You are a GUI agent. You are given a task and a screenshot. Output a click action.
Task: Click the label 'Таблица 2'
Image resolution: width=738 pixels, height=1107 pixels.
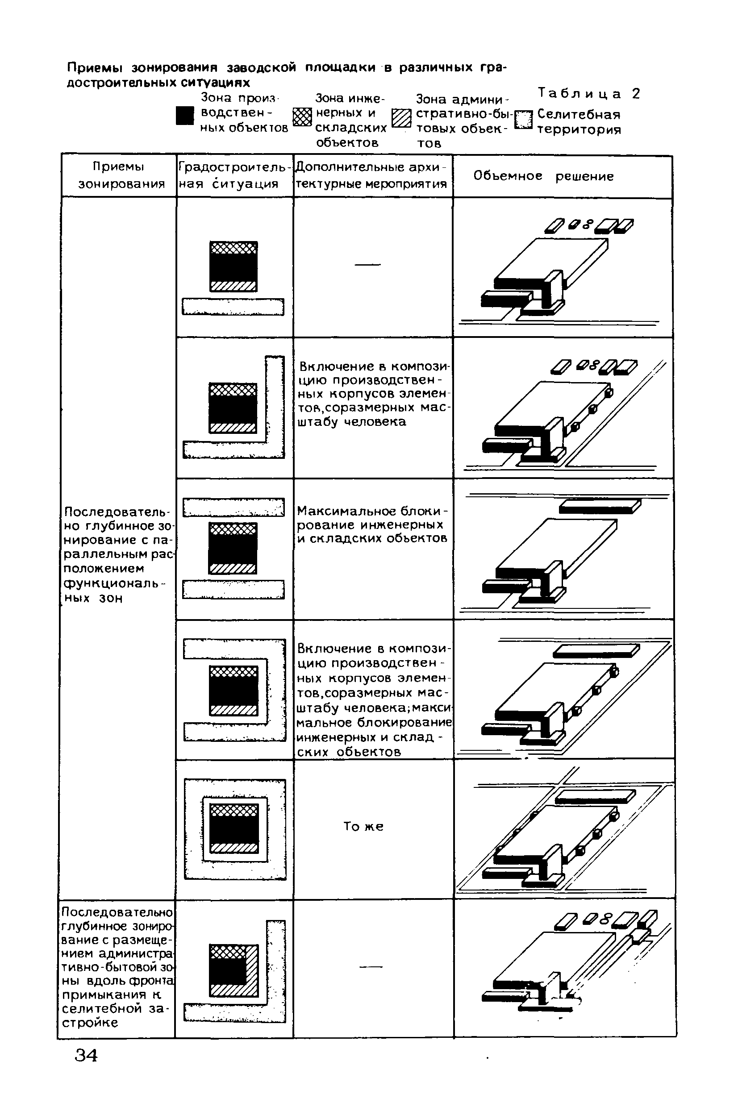coord(589,94)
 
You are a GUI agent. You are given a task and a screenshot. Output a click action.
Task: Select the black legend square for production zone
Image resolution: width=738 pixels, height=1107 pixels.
coord(184,116)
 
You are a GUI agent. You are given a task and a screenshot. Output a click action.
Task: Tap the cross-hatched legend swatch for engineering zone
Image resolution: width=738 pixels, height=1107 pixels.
coord(302,117)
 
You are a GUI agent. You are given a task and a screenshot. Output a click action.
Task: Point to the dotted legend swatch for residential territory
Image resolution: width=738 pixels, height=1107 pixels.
coord(523,121)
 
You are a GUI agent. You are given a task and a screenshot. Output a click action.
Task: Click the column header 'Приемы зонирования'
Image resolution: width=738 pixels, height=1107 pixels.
coord(120,175)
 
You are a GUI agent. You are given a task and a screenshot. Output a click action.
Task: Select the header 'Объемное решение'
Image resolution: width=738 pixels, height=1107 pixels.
coord(543,176)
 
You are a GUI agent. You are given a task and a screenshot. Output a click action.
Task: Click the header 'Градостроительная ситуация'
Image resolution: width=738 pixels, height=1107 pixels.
coord(234,175)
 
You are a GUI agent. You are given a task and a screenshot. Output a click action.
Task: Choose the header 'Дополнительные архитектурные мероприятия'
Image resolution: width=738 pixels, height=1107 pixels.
coord(372,175)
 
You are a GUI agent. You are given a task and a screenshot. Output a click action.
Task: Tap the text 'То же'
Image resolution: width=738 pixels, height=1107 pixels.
coord(363,827)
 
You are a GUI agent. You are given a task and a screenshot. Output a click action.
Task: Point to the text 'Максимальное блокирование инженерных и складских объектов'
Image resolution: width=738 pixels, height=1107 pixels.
coord(372,524)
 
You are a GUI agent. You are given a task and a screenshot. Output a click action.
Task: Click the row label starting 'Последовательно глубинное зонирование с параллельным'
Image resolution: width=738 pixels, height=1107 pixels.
coord(118,554)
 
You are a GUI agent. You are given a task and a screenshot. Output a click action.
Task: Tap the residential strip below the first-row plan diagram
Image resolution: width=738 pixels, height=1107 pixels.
coord(233,307)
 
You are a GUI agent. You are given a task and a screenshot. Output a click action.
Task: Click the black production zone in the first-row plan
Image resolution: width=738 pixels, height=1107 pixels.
coord(233,267)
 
